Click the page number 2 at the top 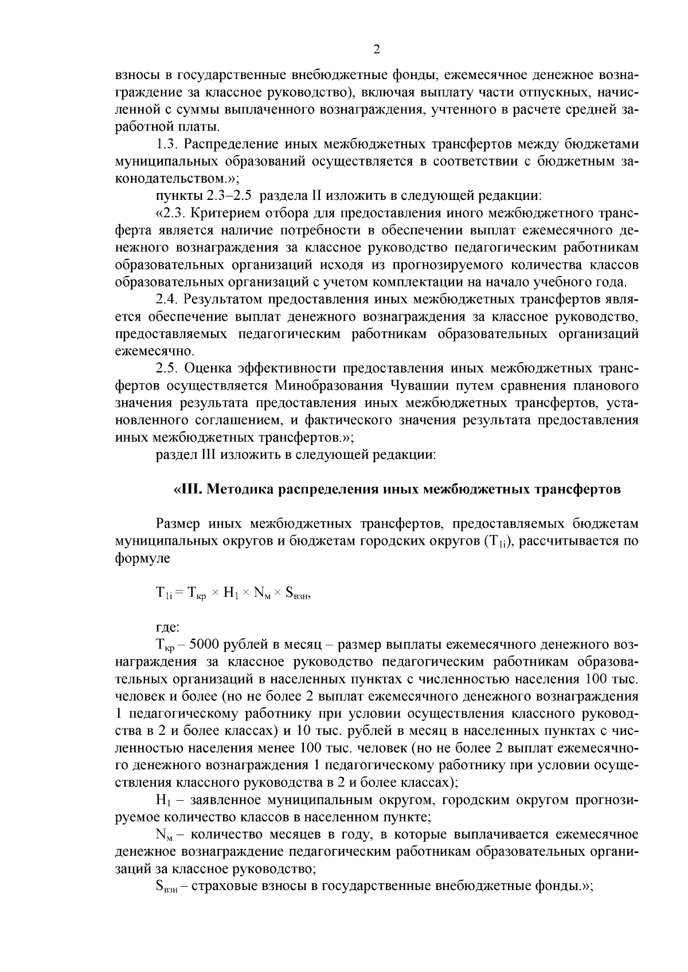377,49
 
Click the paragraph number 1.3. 167,144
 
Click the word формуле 142,558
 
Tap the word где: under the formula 168,628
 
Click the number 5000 196,645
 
